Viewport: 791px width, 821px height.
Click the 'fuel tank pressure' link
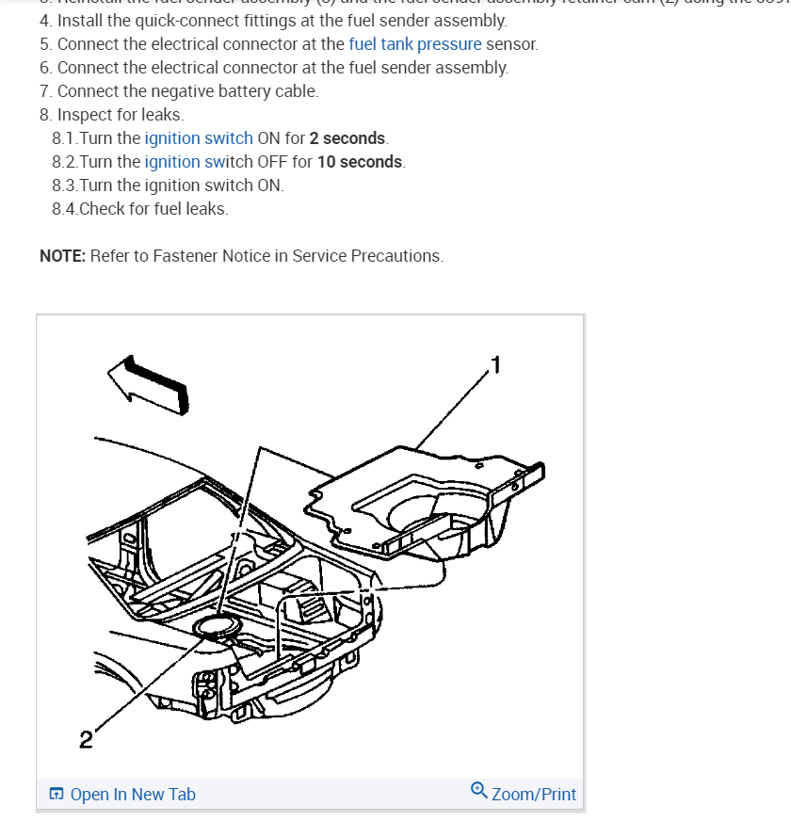point(414,44)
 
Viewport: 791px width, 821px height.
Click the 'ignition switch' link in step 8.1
point(199,138)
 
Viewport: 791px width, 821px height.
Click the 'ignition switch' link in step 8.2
point(199,162)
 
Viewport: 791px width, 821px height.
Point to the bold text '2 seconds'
point(347,138)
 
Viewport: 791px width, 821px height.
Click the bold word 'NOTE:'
point(62,256)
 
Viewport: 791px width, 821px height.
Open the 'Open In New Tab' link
point(133,795)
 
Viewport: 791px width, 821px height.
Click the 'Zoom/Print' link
point(533,795)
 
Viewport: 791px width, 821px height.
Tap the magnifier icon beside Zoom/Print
point(478,793)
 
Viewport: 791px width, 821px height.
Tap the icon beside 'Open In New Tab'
point(57,795)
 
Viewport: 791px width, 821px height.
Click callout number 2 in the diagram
point(86,739)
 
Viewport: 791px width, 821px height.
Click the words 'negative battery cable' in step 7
point(230,91)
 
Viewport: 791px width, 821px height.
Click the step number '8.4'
point(64,209)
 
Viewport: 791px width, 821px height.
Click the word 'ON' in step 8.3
point(269,185)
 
